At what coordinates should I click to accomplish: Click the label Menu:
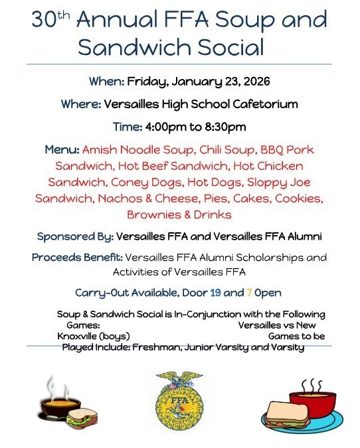click(63, 149)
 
